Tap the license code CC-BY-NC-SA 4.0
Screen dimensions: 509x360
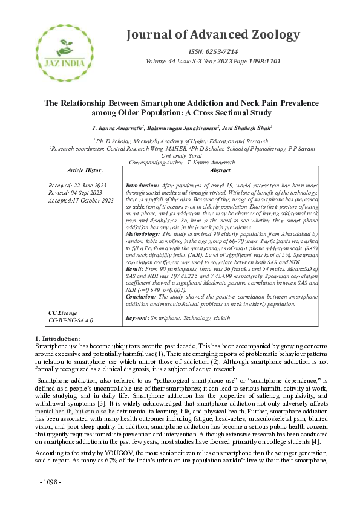pyautogui.click(x=71, y=319)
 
